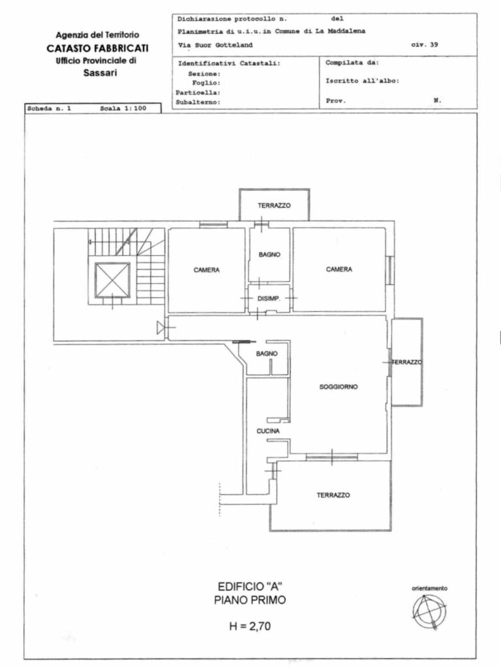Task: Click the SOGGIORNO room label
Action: (x=339, y=387)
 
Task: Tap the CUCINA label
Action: (x=268, y=431)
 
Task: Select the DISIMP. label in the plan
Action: (x=269, y=299)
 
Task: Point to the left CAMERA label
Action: (x=207, y=269)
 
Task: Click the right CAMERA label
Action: (x=339, y=269)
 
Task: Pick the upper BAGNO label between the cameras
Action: (x=269, y=254)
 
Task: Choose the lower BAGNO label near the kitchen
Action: (x=267, y=354)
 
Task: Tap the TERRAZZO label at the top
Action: (x=274, y=205)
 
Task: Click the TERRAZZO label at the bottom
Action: (x=333, y=495)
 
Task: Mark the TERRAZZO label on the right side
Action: (x=407, y=362)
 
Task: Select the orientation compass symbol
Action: (x=429, y=612)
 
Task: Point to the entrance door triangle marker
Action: (x=162, y=327)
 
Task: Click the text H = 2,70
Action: (x=250, y=626)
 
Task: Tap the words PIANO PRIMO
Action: (x=250, y=600)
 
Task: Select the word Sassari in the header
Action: (x=100, y=73)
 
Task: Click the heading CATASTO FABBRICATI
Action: (x=98, y=48)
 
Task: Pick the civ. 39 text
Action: (x=424, y=45)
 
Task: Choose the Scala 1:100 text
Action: (x=123, y=108)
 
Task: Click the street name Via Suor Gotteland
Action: (x=215, y=45)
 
